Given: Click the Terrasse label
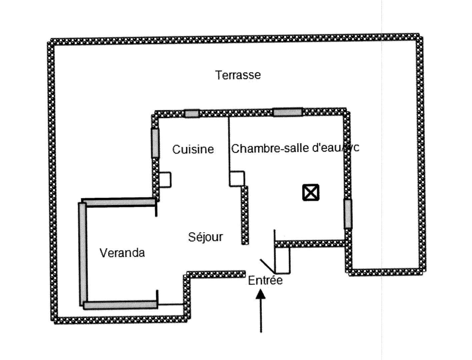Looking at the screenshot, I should tap(238, 75).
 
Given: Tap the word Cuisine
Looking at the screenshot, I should tap(193, 149).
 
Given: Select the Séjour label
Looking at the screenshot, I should tap(205, 237).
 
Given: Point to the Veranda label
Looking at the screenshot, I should tap(122, 253).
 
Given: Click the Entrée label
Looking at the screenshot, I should tap(265, 280).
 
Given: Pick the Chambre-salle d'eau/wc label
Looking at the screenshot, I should tap(295, 148).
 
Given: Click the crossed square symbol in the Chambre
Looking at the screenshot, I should tap(311, 193).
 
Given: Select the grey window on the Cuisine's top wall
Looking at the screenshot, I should tap(192, 113).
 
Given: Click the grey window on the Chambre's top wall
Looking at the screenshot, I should tap(288, 112).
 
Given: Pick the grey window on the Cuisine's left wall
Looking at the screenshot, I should tap(155, 143).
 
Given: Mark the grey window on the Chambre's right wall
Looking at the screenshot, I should tap(348, 214).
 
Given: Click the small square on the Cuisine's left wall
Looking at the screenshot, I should tap(165, 180).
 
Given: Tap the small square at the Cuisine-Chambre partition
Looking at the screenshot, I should tap(237, 179).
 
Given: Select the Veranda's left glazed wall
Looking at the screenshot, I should tap(83, 253).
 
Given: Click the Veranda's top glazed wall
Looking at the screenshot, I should tap(119, 202).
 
